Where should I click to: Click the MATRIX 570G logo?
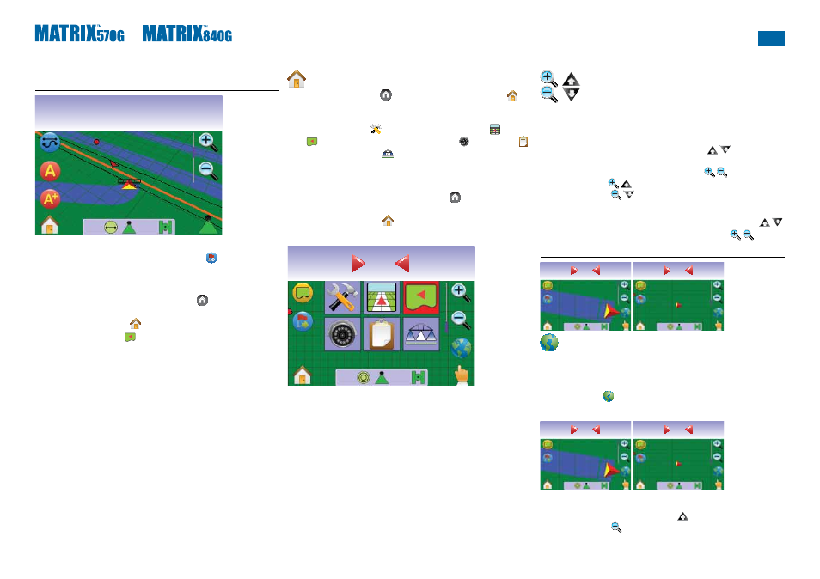(x=79, y=34)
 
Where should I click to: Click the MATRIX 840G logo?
(x=187, y=34)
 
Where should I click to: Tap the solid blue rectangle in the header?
(x=771, y=38)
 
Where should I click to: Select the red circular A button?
(x=50, y=171)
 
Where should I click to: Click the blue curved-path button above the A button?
(x=50, y=142)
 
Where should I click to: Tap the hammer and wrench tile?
(x=343, y=297)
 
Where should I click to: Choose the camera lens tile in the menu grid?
(x=343, y=334)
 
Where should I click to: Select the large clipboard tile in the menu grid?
(x=382, y=334)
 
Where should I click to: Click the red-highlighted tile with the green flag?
(x=421, y=297)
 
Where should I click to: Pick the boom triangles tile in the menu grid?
(x=421, y=334)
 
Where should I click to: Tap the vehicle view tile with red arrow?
(x=382, y=297)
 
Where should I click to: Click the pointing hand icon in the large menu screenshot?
(x=461, y=375)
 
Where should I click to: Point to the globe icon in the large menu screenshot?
(x=461, y=348)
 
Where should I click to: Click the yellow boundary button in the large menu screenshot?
(x=303, y=293)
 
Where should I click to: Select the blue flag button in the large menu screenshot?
(x=303, y=321)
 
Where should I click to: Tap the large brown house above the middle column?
(x=297, y=79)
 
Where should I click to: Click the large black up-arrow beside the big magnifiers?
(x=571, y=79)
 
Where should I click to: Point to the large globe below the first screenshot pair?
(x=549, y=343)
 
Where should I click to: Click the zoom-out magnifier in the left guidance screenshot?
(x=208, y=170)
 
